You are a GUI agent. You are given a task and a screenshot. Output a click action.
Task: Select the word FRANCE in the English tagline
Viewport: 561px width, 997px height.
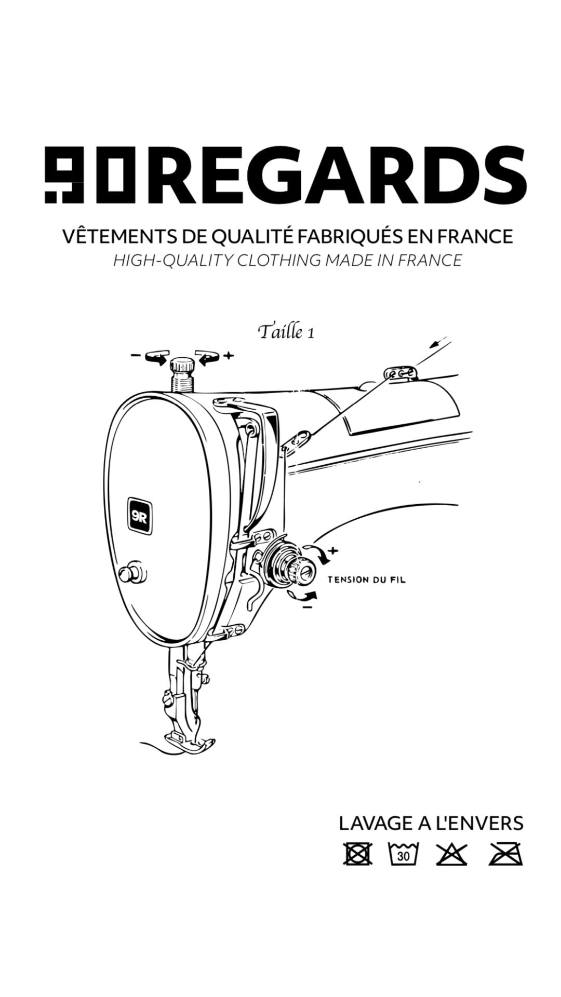pyautogui.click(x=430, y=260)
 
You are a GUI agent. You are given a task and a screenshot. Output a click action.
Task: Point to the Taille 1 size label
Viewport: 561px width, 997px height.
pyautogui.click(x=286, y=331)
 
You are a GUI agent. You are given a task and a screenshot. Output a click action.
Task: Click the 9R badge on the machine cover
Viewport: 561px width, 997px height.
pyautogui.click(x=141, y=516)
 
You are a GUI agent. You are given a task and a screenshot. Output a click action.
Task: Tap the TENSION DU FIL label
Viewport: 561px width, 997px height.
pyautogui.click(x=367, y=580)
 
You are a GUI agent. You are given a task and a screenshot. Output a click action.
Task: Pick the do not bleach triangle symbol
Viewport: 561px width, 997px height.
pyautogui.click(x=451, y=854)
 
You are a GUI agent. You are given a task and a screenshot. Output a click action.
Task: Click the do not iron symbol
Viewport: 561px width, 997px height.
pyautogui.click(x=505, y=854)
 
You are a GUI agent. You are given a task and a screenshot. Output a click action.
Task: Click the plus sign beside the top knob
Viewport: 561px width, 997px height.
pyautogui.click(x=229, y=356)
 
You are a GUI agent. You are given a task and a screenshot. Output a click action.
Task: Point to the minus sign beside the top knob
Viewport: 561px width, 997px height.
pyautogui.click(x=135, y=356)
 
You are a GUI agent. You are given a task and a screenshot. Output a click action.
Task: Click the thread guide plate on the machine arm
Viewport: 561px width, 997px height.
pyautogui.click(x=400, y=373)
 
